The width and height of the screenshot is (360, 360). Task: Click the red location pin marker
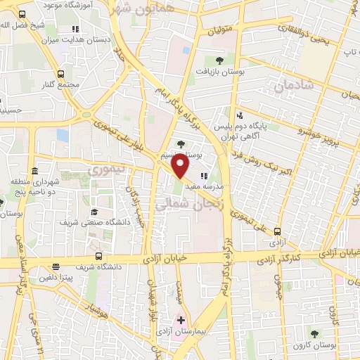(x=181, y=165)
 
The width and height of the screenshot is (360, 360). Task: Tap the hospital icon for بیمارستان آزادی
(x=181, y=320)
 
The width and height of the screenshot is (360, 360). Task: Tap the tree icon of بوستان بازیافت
(x=220, y=60)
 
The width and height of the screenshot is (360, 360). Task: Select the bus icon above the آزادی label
(x=277, y=231)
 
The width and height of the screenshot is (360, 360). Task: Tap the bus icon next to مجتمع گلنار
(x=61, y=74)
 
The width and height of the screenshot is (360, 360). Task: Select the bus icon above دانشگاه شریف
(x=98, y=257)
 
